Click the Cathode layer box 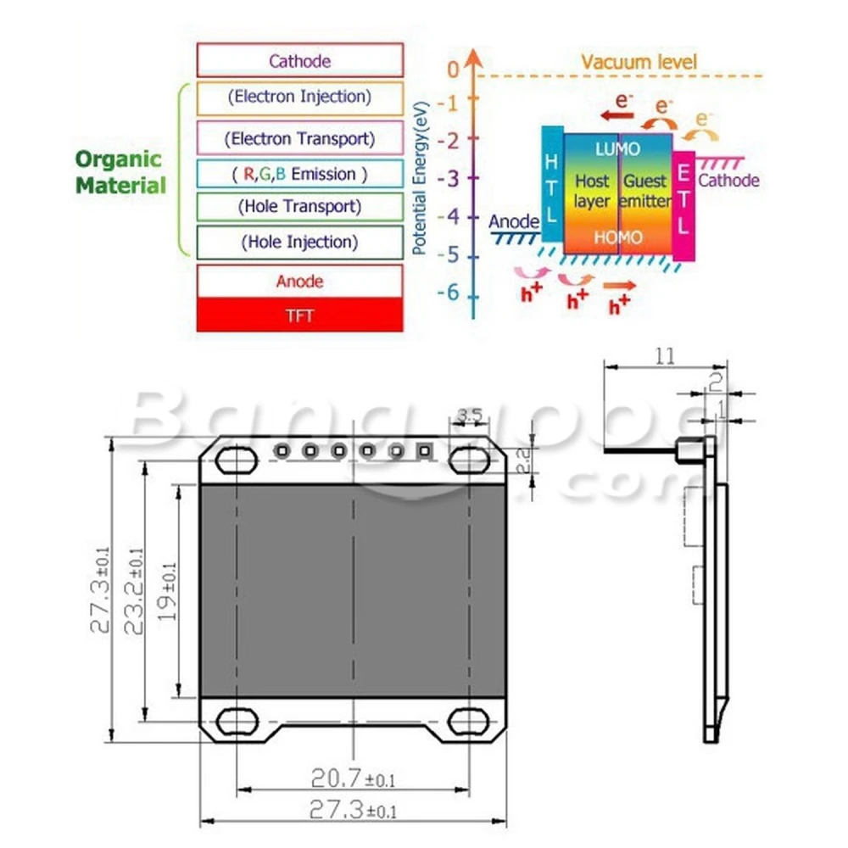point(299,60)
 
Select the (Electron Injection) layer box point(299,97)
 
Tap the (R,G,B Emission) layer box point(299,174)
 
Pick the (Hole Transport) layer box point(299,206)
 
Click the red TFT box point(299,315)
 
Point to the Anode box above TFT point(299,281)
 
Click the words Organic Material point(119,172)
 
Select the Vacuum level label point(639,61)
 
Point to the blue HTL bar point(551,184)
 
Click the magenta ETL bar point(683,204)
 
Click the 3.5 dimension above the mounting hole point(469,416)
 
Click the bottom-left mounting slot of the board point(237,721)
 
